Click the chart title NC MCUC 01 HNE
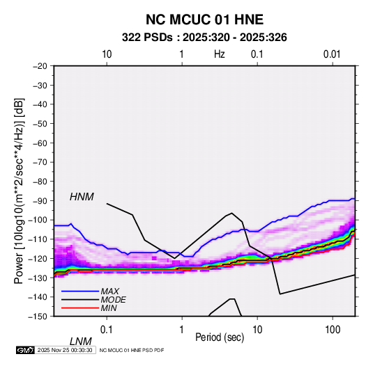(204, 19)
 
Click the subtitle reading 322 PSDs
(147, 38)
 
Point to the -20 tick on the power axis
(40, 66)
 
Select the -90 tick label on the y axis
(40, 201)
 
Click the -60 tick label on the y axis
(40, 143)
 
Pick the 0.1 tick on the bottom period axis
(106, 330)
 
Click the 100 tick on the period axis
(333, 330)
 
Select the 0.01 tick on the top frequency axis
(332, 54)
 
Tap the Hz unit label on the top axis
(220, 54)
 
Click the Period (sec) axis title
(220, 337)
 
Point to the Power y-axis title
(19, 191)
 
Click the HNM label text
(82, 197)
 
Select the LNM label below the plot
(80, 342)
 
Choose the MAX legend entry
(109, 291)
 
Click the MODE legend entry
(113, 300)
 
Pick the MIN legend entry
(109, 308)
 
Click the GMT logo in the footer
(25, 350)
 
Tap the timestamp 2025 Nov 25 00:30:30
(65, 350)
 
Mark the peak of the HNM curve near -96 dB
(231, 213)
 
